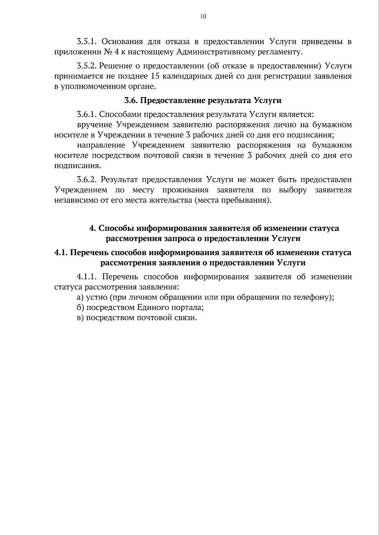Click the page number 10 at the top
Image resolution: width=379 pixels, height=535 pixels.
point(203,17)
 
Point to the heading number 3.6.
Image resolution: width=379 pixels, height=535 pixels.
point(130,101)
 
